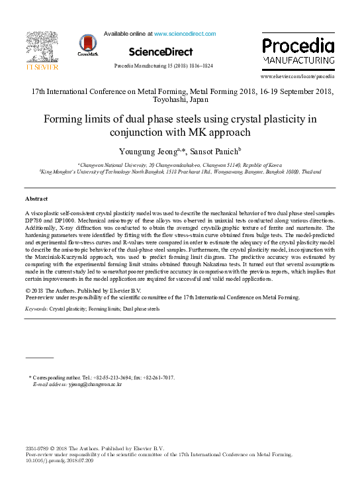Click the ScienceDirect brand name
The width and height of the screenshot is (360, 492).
(x=161, y=52)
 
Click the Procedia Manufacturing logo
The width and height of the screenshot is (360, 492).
(x=297, y=52)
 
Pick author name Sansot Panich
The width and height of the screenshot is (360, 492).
(x=215, y=152)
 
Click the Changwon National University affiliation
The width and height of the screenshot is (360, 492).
(x=180, y=164)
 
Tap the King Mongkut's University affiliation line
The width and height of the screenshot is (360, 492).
(x=180, y=172)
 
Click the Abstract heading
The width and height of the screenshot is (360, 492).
(x=37, y=199)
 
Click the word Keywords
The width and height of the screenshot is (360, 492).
(x=36, y=309)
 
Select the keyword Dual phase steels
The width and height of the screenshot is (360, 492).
(x=141, y=309)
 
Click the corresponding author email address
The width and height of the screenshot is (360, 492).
(x=100, y=384)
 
